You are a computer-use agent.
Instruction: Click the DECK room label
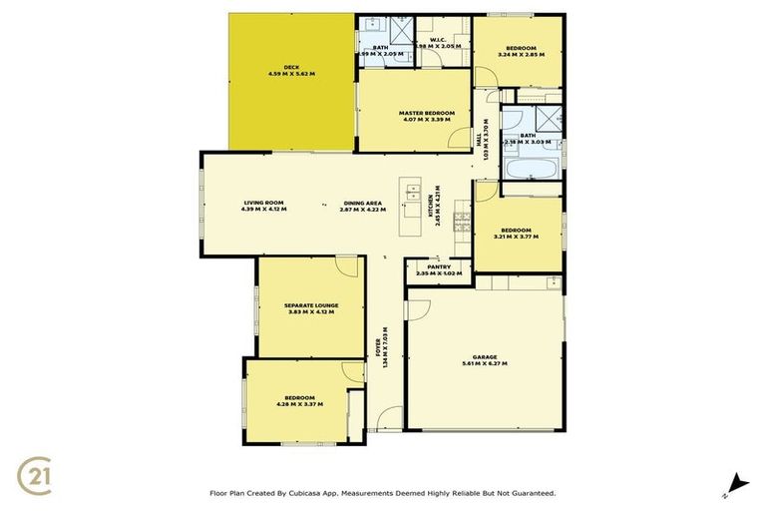[291, 68]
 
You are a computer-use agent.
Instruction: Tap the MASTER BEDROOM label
[426, 113]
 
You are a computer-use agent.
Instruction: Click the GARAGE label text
[484, 356]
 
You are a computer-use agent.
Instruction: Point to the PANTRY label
[439, 266]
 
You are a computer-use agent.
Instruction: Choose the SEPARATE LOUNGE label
[311, 304]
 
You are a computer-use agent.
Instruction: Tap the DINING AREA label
[361, 203]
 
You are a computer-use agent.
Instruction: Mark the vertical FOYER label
[380, 345]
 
